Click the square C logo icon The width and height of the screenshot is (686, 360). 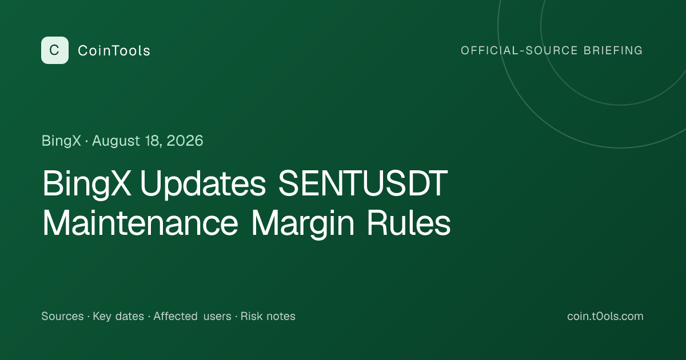(55, 50)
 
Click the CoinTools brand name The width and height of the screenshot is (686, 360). (114, 50)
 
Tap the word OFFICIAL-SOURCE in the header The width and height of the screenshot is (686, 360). (519, 50)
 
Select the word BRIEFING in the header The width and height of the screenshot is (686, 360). (613, 50)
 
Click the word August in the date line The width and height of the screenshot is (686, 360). (116, 141)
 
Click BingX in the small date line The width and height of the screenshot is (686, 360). (61, 141)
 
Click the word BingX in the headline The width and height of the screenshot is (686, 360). (87, 183)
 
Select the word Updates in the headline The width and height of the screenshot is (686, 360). (203, 183)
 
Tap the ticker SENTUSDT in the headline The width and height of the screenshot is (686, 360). (363, 183)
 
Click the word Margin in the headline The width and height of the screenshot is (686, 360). (302, 224)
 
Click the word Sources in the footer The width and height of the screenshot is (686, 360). (62, 316)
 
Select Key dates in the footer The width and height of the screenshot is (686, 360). (118, 316)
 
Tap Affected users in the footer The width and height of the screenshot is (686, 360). (192, 316)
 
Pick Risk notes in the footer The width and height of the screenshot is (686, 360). (268, 316)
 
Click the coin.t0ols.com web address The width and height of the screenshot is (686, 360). (605, 316)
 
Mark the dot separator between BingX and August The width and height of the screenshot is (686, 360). (86, 142)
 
